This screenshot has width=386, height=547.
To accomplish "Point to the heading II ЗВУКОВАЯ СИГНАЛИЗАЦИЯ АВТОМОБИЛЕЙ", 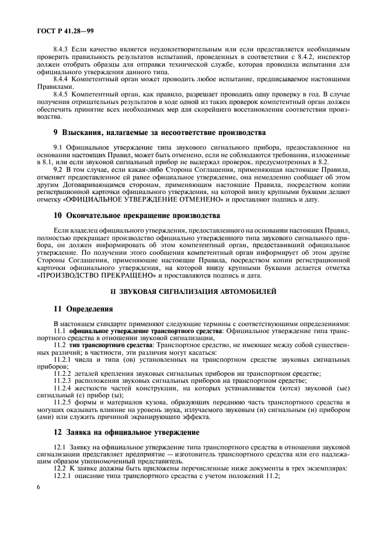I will coord(193,290).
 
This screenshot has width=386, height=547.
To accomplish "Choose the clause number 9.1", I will coord(58,148).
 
